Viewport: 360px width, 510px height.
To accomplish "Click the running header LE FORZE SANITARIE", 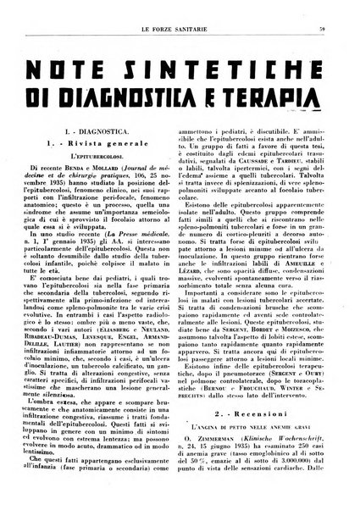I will click(x=180, y=9).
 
